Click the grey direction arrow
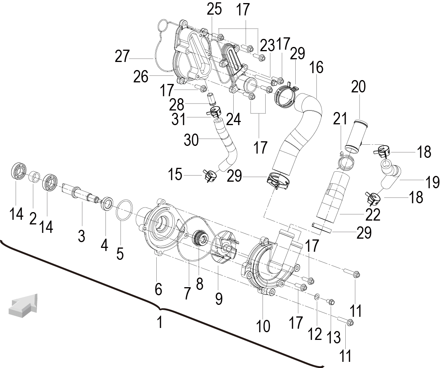(x=24, y=305)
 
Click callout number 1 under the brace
(x=160, y=322)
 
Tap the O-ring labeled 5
(x=124, y=211)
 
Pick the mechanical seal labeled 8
(x=200, y=239)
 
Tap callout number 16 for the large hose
(x=316, y=67)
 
